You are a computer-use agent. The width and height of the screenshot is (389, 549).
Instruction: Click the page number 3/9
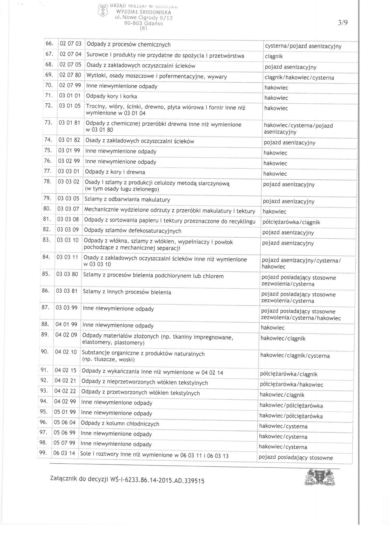click(x=343, y=24)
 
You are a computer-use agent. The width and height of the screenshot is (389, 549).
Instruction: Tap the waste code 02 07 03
click(x=71, y=44)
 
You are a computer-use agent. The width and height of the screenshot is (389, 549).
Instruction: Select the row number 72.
click(x=48, y=107)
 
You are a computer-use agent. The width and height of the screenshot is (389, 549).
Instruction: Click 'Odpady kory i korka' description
click(x=112, y=96)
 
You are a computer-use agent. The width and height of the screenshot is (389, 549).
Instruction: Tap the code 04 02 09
click(x=66, y=335)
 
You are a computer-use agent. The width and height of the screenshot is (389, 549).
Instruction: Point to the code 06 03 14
click(x=64, y=453)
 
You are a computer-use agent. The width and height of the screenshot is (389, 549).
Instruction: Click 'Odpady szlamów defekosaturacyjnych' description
click(x=133, y=230)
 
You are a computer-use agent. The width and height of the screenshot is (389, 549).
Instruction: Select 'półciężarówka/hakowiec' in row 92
click(x=291, y=385)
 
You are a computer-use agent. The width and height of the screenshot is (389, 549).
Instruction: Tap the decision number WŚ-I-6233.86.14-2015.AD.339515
click(x=162, y=480)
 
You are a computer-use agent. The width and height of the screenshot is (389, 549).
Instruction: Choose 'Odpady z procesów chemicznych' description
click(x=129, y=45)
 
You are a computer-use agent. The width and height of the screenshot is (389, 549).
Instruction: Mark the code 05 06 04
click(x=65, y=422)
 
